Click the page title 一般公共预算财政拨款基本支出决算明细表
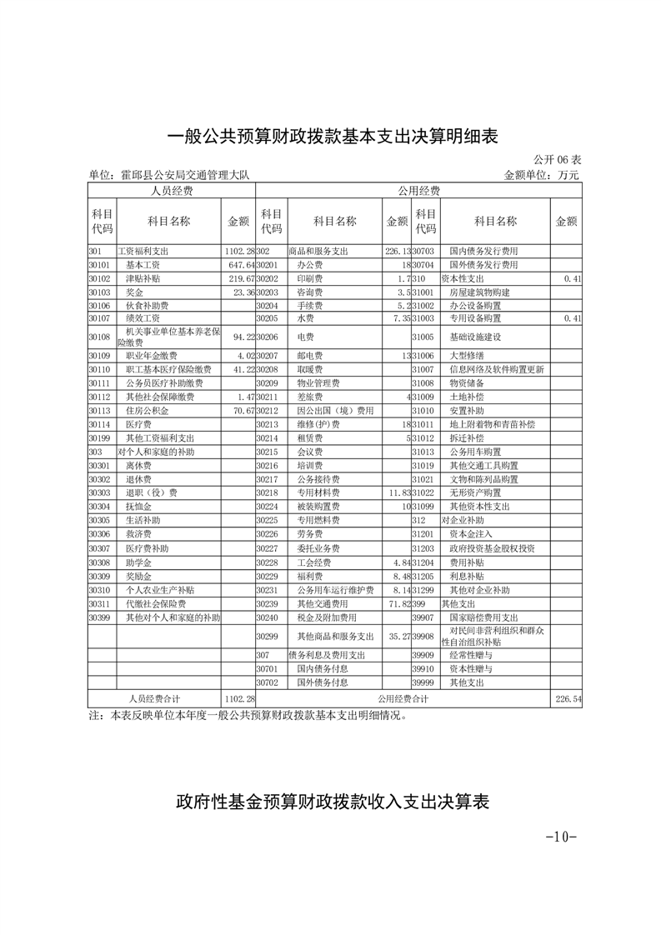(332, 136)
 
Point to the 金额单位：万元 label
(541, 175)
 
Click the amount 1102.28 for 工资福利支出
(238, 251)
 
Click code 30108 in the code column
(100, 337)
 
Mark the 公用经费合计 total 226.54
(568, 698)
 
